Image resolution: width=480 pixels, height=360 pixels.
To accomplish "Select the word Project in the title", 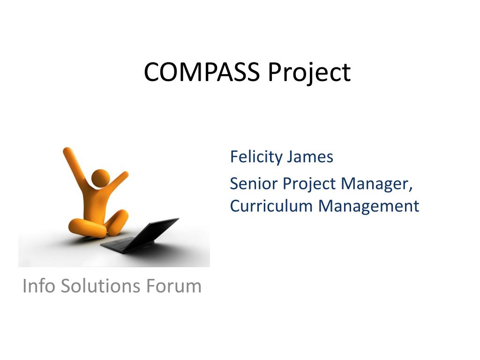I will click(309, 73).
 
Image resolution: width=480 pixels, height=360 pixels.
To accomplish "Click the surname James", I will click(310, 157).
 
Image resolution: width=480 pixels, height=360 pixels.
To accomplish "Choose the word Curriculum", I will click(271, 206).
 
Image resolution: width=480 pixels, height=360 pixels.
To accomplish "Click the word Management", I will click(368, 206).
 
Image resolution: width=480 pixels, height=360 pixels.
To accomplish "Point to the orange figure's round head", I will click(100, 179).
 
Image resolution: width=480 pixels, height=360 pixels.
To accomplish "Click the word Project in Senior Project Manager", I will click(309, 184).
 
